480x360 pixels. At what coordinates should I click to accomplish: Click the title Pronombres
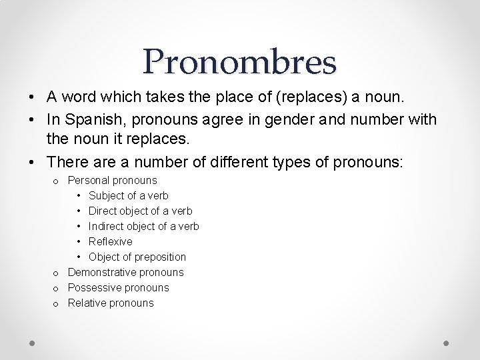239,62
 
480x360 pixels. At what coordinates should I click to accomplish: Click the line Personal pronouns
113,180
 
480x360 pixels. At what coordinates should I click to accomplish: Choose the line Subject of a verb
129,195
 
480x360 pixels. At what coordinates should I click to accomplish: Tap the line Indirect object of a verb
144,226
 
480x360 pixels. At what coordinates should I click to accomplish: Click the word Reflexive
111,241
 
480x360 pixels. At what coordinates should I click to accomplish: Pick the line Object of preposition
137,257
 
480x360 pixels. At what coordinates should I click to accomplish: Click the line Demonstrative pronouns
126,272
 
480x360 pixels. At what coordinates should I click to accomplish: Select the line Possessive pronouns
119,287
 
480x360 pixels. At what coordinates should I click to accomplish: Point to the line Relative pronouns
111,303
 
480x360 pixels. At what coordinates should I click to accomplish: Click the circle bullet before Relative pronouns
57,303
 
